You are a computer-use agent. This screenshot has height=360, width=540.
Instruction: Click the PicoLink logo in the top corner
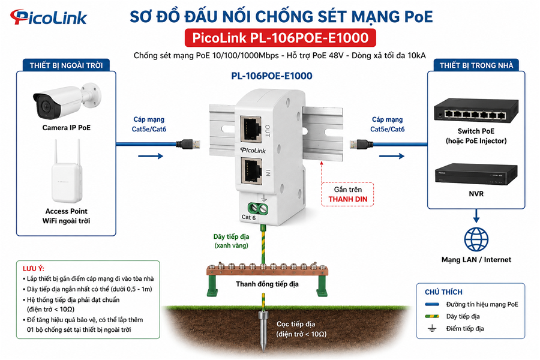pyautogui.click(x=48, y=17)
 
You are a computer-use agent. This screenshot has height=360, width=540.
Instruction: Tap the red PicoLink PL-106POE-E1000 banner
pyautogui.click(x=280, y=38)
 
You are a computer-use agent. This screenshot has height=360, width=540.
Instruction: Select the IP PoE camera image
pyautogui.click(x=67, y=100)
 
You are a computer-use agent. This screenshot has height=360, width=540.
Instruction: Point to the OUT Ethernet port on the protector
pyautogui.click(x=251, y=129)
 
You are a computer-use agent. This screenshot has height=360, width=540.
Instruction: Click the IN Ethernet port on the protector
pyautogui.click(x=251, y=171)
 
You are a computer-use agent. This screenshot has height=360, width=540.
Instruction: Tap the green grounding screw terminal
pyautogui.click(x=258, y=208)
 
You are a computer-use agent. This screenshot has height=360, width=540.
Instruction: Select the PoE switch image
pyautogui.click(x=476, y=111)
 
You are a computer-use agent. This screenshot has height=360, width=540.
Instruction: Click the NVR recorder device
pyautogui.click(x=476, y=173)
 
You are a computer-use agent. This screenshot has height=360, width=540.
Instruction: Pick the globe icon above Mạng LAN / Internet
pyautogui.click(x=476, y=239)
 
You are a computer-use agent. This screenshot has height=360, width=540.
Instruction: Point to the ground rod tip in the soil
pyautogui.click(x=263, y=350)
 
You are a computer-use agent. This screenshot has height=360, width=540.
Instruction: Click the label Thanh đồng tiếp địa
pyautogui.click(x=267, y=284)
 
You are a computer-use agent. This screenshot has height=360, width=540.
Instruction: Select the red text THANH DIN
pyautogui.click(x=348, y=199)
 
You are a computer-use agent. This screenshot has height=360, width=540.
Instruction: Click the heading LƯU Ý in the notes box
pyautogui.click(x=34, y=269)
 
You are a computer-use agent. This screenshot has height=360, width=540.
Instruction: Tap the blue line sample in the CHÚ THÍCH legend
pyautogui.click(x=432, y=304)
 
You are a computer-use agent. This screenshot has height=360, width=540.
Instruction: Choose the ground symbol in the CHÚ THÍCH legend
pyautogui.click(x=432, y=328)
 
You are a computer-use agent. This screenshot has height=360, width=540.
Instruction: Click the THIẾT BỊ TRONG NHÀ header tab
pyautogui.click(x=476, y=65)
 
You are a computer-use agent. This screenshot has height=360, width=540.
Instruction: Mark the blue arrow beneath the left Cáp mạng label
pyautogui.click(x=151, y=156)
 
